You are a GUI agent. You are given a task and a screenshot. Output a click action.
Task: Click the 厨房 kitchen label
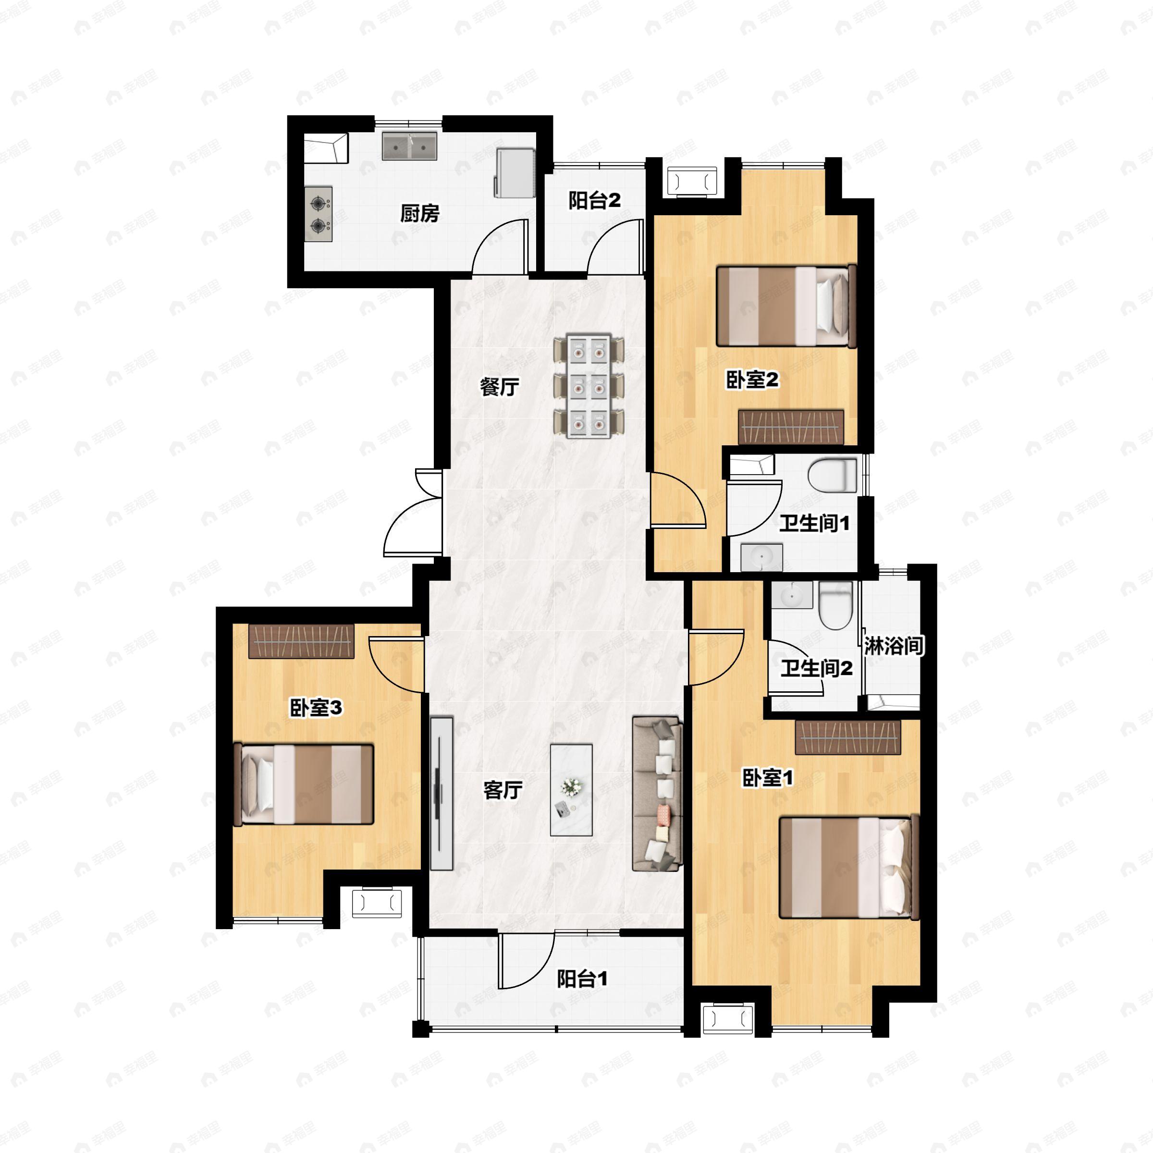[x=419, y=213]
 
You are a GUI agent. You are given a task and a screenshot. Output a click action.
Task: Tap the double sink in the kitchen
[x=409, y=146]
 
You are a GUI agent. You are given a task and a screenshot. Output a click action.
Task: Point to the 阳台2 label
[x=594, y=200]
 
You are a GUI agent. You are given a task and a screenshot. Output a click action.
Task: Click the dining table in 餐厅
[x=589, y=387]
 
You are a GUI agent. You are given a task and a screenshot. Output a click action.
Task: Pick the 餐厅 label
[x=500, y=387]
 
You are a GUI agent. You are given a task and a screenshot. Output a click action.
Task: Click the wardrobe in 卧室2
[x=791, y=427]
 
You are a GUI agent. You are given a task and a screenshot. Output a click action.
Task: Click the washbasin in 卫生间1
[x=761, y=557]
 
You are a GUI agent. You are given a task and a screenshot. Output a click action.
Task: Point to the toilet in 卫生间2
[x=834, y=606]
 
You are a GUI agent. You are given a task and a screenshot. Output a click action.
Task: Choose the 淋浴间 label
[x=894, y=646]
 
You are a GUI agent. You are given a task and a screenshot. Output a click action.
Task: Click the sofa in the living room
[x=657, y=794]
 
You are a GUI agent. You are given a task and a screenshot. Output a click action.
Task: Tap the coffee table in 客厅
[x=571, y=789]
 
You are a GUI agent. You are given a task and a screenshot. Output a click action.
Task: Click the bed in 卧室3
[x=303, y=784]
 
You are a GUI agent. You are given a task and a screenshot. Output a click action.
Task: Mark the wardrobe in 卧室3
[x=301, y=641]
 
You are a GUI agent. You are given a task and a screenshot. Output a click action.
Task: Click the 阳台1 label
[x=582, y=979]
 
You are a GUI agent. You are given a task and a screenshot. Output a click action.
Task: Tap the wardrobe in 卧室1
[x=848, y=737]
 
